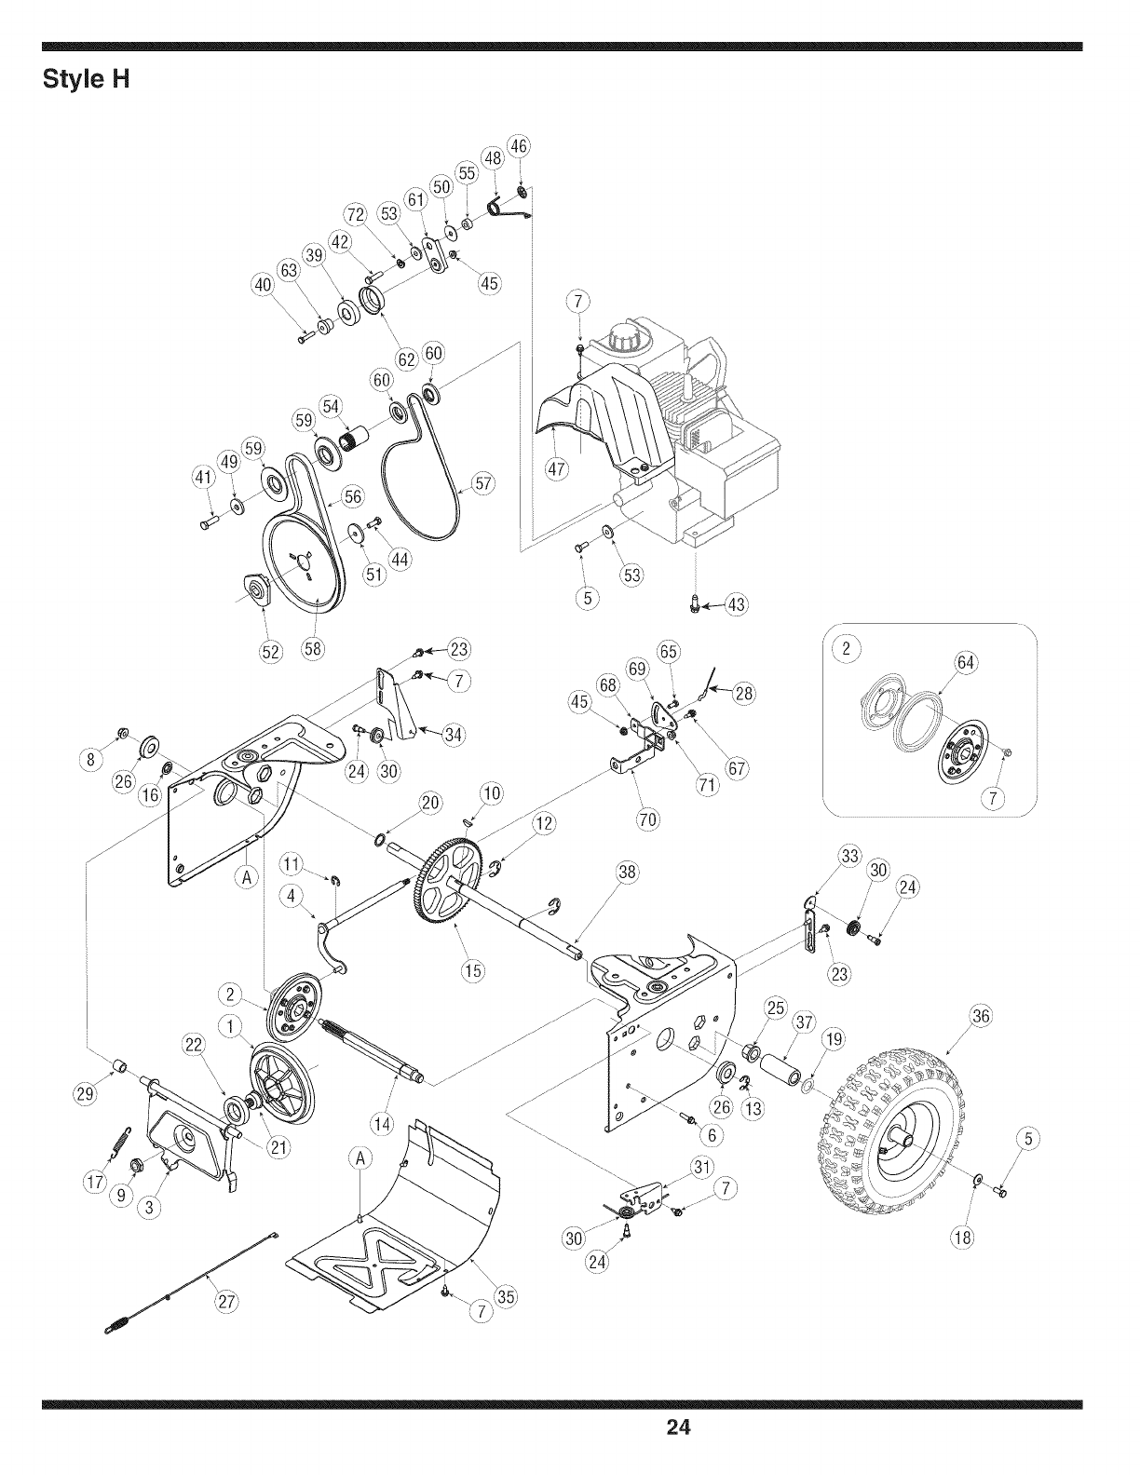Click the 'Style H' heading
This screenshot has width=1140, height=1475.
[87, 79]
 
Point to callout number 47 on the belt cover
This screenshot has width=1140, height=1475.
[556, 469]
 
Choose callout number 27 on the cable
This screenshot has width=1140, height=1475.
[224, 1302]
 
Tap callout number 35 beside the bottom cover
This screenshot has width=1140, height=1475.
[506, 1296]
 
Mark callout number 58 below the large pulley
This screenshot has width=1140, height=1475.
[313, 648]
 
